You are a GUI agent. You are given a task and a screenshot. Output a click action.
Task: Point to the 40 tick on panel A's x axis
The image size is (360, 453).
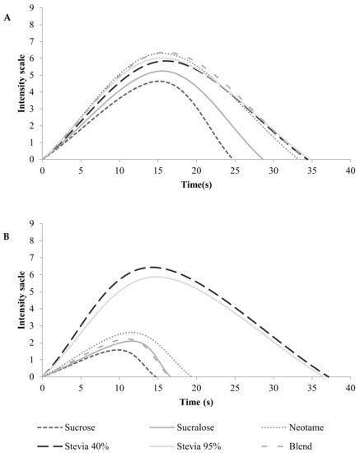(350, 170)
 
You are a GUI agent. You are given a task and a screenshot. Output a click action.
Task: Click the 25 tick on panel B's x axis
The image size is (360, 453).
(234, 388)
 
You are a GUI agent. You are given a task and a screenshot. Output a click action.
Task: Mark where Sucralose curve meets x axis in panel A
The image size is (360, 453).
(263, 160)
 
